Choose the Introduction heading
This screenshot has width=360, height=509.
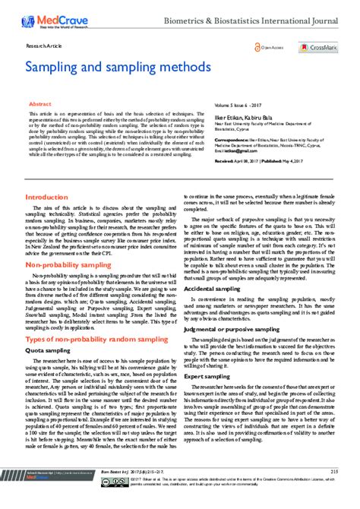46,196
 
